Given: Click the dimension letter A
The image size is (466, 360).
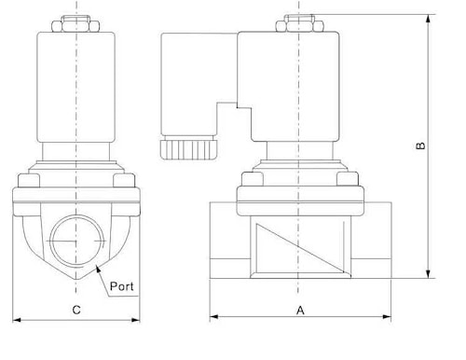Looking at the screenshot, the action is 300,310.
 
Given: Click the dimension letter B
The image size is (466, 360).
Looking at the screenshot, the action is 420,145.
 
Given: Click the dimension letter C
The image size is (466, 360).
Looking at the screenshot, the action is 76,310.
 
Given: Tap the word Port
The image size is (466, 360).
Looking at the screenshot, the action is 122,286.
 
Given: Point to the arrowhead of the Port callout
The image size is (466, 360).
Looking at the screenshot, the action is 98,269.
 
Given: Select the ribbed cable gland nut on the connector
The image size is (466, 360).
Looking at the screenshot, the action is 188,150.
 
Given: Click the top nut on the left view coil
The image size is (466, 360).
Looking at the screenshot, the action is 75,23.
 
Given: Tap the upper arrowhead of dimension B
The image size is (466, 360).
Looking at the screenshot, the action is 429,19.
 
